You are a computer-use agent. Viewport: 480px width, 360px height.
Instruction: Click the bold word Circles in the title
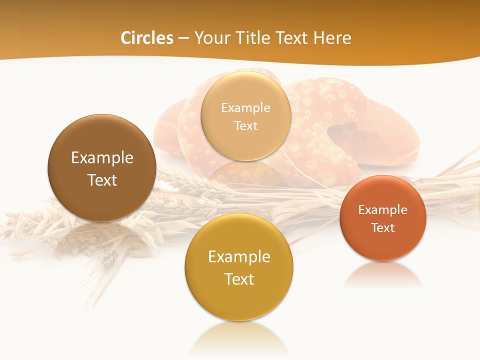point(146,38)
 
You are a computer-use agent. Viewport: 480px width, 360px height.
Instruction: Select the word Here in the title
point(332,38)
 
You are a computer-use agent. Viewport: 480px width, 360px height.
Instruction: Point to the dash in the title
point(183,38)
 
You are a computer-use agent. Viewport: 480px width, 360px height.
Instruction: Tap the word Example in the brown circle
point(102,158)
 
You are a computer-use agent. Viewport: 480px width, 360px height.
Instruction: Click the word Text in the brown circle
point(102,180)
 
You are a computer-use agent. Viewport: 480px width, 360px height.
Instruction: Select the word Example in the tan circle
point(245,107)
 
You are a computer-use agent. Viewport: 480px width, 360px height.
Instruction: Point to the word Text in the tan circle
point(245,125)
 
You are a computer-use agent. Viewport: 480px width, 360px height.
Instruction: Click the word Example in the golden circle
point(239,257)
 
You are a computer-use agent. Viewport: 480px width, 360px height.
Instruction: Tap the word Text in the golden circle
point(239,279)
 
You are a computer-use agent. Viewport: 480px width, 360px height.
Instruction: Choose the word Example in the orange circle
point(383,210)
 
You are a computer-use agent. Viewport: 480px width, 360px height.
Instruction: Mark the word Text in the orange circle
point(383,228)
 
